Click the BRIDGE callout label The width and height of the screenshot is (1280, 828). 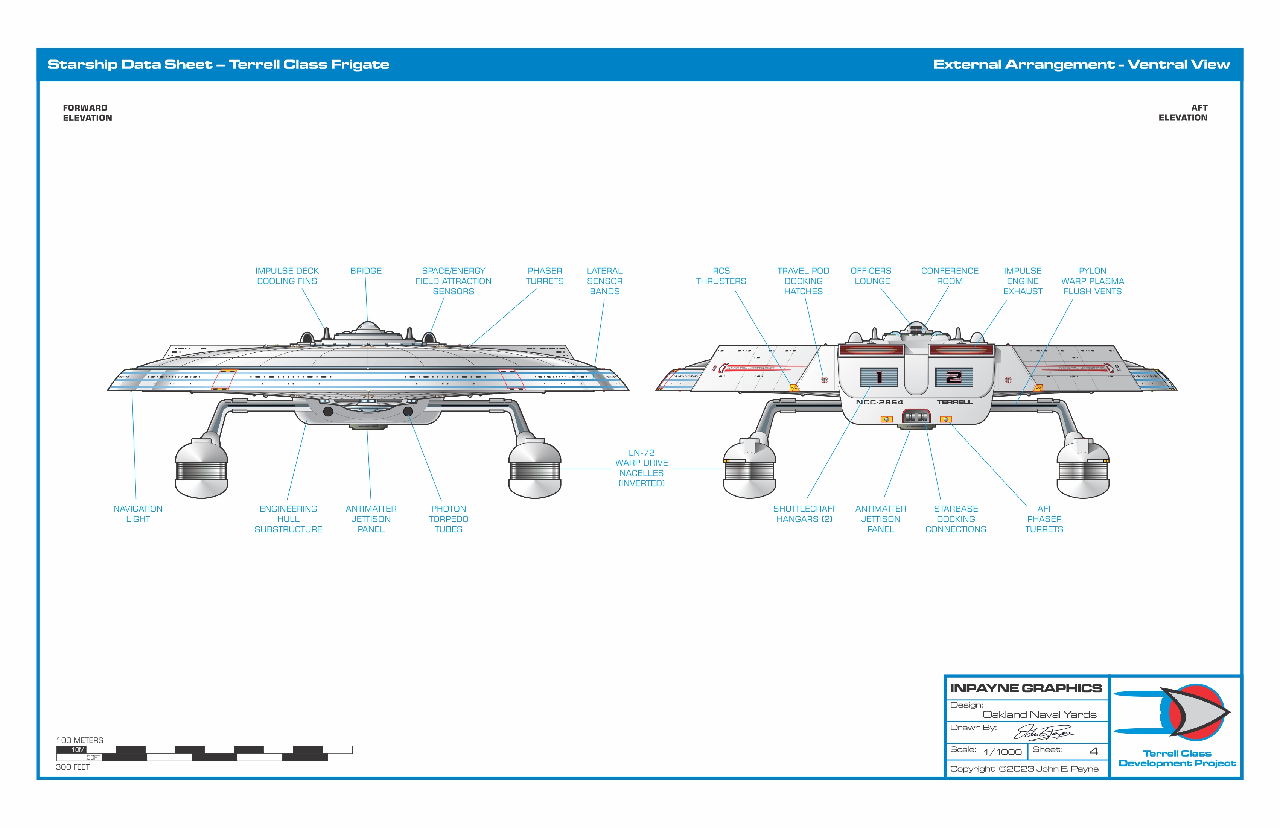366,271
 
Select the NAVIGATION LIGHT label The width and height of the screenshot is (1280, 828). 138,514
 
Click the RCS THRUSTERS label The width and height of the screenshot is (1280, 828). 721,276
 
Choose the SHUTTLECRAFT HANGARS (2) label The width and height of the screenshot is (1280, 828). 804,514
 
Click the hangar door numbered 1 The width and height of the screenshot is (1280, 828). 878,377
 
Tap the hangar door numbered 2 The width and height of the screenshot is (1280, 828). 954,377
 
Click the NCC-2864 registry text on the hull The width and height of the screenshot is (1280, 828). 879,402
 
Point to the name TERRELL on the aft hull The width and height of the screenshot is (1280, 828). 954,402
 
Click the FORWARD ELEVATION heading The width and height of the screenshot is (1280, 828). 87,113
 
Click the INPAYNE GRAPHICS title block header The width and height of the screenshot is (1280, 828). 1026,688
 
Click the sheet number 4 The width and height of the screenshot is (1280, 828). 1093,751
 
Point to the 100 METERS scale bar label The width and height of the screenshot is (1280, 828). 79,740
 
